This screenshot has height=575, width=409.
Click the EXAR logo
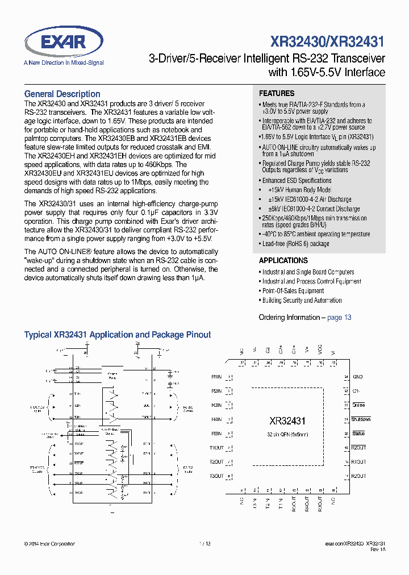tap(63, 41)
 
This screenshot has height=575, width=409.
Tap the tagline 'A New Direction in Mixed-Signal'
tap(64, 63)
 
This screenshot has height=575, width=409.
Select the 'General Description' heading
tap(62, 94)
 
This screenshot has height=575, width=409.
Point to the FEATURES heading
tap(277, 93)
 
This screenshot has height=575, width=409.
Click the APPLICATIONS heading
tap(283, 260)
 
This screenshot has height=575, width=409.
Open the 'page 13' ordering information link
tap(339, 318)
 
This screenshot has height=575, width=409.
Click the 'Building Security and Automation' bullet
tap(302, 301)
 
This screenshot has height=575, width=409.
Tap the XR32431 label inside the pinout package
tap(287, 421)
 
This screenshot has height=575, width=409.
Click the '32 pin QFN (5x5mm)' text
tap(288, 434)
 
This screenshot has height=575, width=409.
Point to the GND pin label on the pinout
tap(357, 377)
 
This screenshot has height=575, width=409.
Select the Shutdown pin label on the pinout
tap(361, 419)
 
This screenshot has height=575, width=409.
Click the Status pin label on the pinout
tap(358, 434)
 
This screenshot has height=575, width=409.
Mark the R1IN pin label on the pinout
tap(216, 377)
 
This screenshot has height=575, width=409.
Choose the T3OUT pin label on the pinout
tap(216, 476)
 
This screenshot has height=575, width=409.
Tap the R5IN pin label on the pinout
tap(216, 434)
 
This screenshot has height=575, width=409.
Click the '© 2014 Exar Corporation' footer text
tap(50, 544)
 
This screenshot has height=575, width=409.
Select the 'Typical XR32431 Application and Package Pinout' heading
tap(118, 335)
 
